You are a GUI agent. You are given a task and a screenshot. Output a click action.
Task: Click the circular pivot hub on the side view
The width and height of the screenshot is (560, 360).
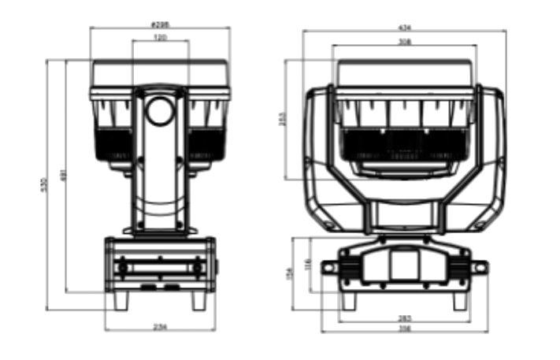coord(160,112)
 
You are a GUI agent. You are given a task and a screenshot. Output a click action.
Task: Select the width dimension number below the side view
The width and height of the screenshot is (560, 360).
coord(160,326)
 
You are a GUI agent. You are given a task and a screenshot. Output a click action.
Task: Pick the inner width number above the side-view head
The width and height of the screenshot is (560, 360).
coord(160,37)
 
